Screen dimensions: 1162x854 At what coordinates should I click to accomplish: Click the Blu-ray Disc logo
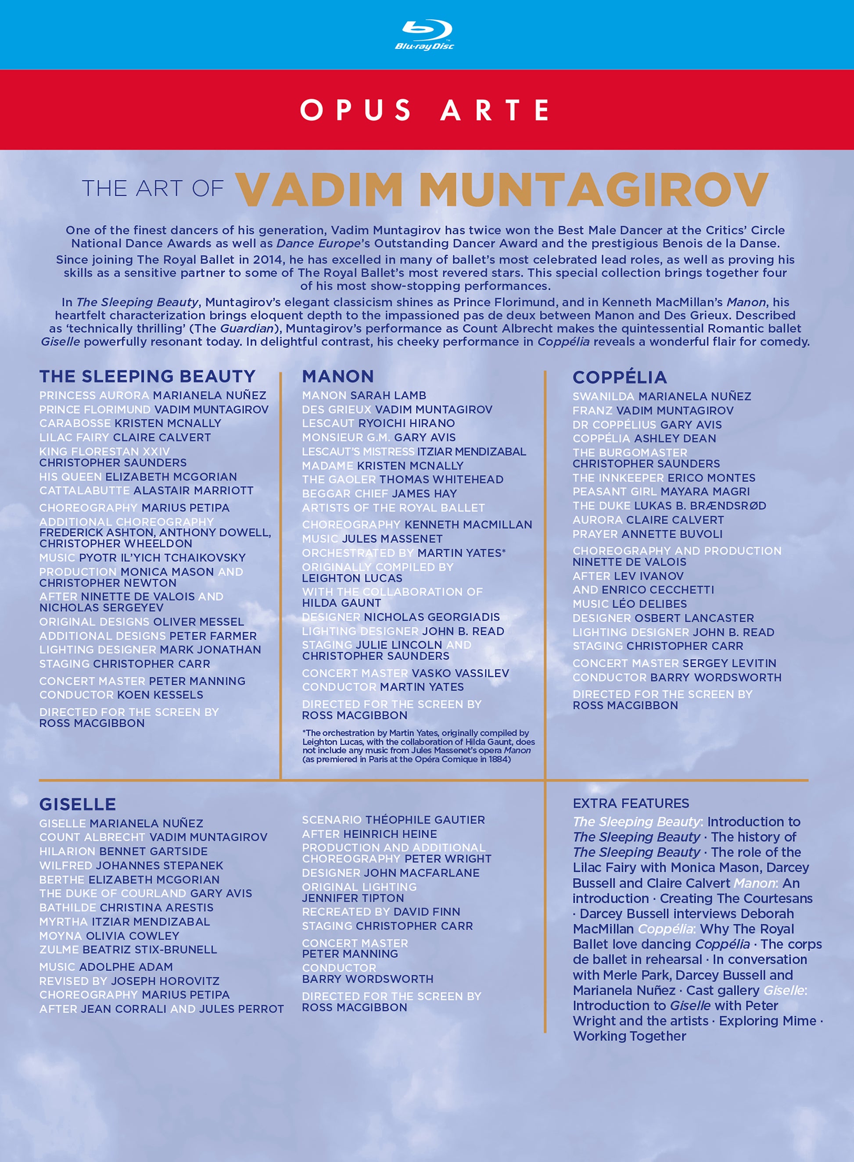[424, 35]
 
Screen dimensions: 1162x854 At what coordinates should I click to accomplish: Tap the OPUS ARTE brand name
[425, 110]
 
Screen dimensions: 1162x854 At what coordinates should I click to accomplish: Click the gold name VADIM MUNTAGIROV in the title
[502, 189]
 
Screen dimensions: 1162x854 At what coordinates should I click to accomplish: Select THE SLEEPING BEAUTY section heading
[147, 376]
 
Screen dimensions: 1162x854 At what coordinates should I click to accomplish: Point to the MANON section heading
[337, 376]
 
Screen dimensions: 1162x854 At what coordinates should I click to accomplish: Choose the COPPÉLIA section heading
[619, 377]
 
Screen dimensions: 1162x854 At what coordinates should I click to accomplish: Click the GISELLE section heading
[78, 804]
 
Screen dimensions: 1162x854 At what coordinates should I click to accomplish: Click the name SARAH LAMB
[388, 395]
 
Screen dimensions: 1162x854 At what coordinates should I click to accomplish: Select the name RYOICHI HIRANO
[406, 423]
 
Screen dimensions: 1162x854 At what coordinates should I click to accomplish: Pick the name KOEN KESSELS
[160, 695]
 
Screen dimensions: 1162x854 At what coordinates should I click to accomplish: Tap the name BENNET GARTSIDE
[153, 851]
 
